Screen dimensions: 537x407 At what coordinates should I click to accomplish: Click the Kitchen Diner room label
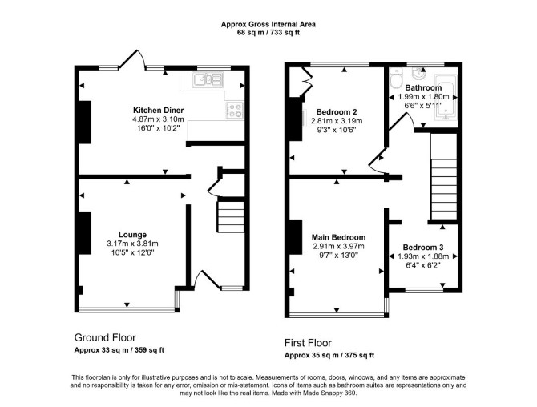158,111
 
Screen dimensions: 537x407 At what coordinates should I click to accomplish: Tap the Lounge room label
132,235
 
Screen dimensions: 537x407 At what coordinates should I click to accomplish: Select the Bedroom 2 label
337,112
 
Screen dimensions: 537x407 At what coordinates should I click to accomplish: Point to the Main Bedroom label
338,237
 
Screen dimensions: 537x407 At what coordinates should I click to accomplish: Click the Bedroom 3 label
423,247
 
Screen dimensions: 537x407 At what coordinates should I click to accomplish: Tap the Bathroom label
423,87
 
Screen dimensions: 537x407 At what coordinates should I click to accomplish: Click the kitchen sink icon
208,80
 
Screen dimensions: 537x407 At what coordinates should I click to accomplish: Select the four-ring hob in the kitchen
235,111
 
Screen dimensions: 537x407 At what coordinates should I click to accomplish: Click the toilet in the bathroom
397,78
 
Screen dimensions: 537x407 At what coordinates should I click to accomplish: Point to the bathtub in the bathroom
446,97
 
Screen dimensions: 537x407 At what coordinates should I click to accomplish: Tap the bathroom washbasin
418,74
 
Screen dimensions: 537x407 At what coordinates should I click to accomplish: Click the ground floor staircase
231,217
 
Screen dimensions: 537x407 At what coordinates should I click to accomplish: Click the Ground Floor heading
105,338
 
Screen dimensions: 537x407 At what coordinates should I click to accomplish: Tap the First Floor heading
309,343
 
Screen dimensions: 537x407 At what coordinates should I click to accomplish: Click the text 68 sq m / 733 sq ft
268,33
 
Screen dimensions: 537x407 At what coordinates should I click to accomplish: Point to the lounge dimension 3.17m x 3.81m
132,244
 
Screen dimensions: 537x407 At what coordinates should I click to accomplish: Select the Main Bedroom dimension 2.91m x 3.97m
338,246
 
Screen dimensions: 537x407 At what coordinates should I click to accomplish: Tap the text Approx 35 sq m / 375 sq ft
329,355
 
